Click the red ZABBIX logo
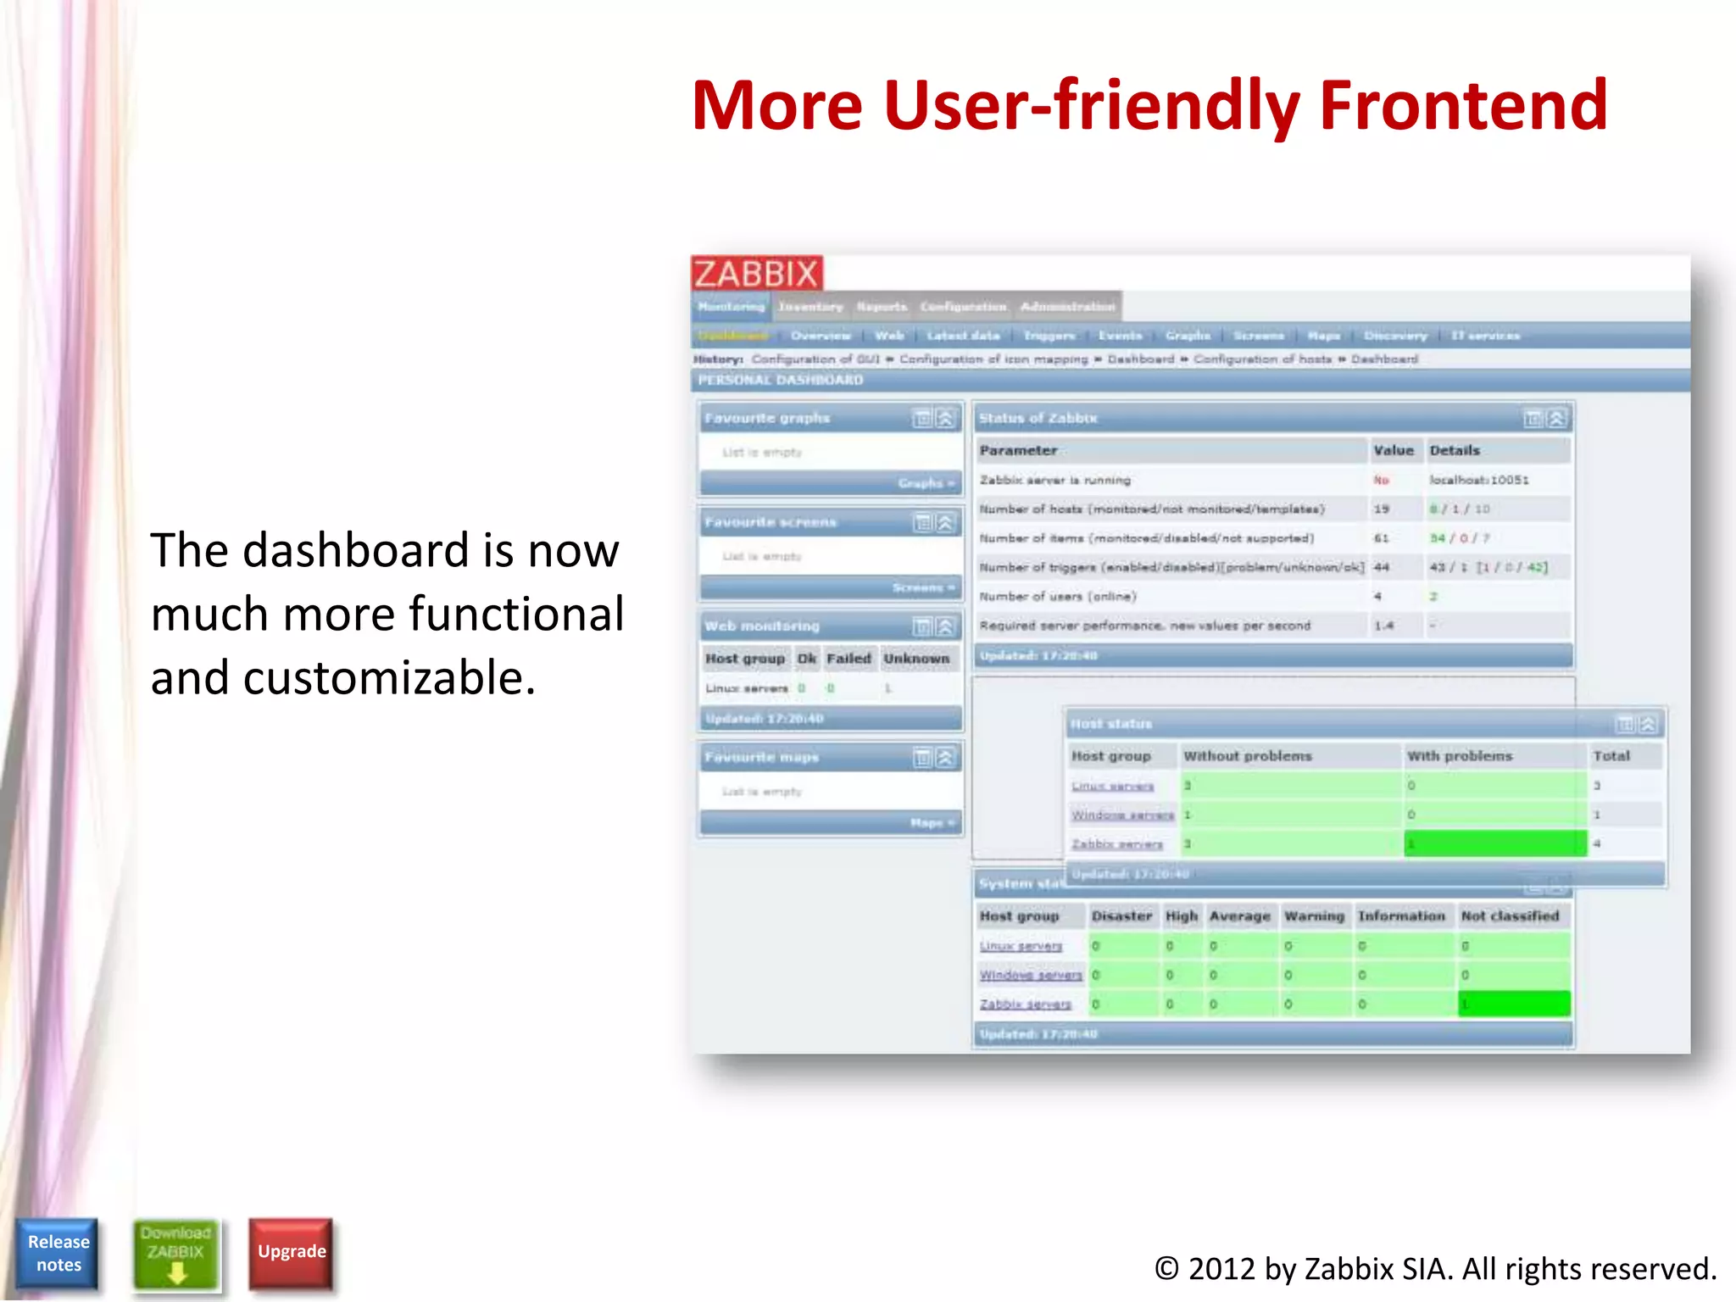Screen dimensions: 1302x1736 (x=756, y=274)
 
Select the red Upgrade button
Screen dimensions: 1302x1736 (x=292, y=1252)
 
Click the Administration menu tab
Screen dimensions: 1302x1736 (x=1067, y=307)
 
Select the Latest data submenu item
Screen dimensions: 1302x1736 (x=963, y=336)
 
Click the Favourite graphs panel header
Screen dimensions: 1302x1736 (x=767, y=419)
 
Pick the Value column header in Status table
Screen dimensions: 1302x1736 (x=1393, y=451)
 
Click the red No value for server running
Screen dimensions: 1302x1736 (x=1381, y=481)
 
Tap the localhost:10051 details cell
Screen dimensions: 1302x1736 (x=1478, y=481)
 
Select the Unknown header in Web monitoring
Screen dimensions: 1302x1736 (x=916, y=659)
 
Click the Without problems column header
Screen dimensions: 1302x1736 (x=1247, y=756)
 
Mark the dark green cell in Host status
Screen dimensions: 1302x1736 (x=1494, y=844)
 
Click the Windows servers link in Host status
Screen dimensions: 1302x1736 (x=1121, y=815)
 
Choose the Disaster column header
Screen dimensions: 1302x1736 (x=1121, y=916)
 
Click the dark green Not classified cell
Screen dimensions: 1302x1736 (x=1513, y=1004)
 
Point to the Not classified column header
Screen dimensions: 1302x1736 (x=1510, y=916)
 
